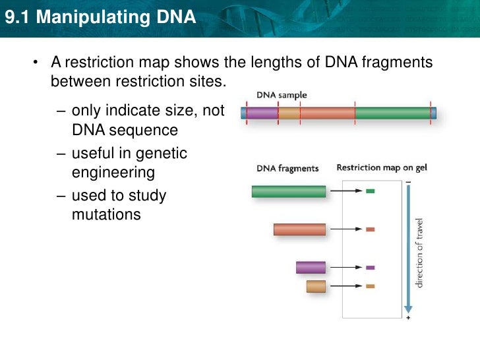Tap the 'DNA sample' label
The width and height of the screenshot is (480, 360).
pos(282,95)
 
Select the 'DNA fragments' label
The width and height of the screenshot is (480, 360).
pos(287,168)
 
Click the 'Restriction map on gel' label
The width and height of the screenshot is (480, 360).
pos(382,167)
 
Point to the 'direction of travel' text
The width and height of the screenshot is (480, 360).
pos(419,253)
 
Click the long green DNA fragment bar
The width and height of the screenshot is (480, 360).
pos(289,191)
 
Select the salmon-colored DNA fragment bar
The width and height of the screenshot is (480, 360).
pos(300,229)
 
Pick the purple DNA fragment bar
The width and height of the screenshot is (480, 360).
pos(311,267)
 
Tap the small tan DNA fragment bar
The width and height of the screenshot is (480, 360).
pos(316,286)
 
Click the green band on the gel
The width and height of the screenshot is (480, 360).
pos(370,191)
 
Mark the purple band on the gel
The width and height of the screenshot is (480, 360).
pos(370,268)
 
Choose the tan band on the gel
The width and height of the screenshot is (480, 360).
pos(370,286)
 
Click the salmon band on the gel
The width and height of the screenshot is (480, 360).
pos(370,229)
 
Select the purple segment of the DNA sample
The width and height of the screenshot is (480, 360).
pos(262,113)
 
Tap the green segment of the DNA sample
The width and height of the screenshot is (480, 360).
pos(393,113)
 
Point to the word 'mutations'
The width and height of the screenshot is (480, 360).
pos(106,214)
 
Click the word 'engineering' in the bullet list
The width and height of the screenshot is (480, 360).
pos(113,173)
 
